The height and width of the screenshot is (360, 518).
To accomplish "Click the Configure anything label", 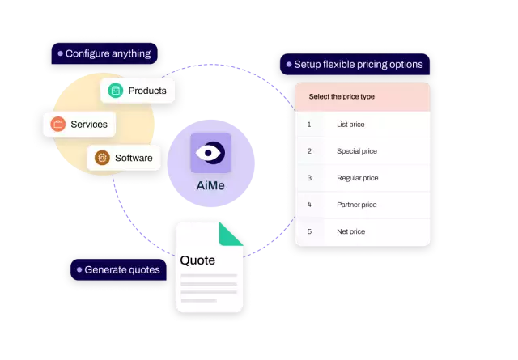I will tap(104, 53).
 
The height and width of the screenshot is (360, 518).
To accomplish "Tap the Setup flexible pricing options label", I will tap(354, 64).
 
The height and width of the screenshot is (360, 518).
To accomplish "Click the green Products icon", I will tap(116, 91).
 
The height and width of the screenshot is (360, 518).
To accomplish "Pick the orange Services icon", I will tap(57, 124).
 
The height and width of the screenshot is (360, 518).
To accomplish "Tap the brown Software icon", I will tap(102, 158).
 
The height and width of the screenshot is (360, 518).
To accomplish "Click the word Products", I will tap(147, 91).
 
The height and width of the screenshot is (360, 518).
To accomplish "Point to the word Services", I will tap(89, 124).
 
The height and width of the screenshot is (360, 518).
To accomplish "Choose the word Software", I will tap(133, 158).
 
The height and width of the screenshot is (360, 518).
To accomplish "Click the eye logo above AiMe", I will tap(210, 152).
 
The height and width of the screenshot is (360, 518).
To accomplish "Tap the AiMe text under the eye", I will tap(210, 184).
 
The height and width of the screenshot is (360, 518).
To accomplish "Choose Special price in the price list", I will tap(357, 151).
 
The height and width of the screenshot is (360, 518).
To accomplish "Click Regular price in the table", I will tap(357, 178).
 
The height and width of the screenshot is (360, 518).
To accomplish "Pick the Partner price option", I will tap(357, 205).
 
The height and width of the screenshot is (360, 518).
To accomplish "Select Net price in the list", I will tap(350, 231).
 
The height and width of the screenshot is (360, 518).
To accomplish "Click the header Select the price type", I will tap(342, 97).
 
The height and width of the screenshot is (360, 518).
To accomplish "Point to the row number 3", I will tap(309, 178).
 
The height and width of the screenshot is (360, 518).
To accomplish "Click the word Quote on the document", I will tap(198, 260).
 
